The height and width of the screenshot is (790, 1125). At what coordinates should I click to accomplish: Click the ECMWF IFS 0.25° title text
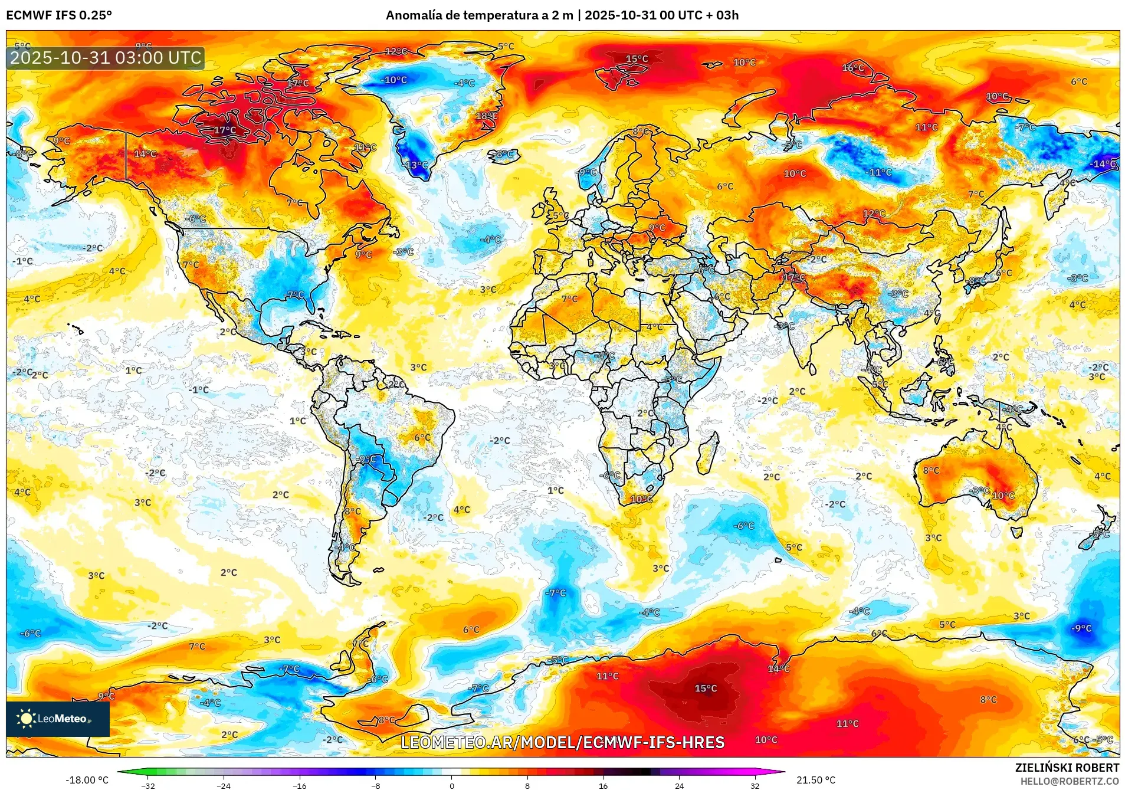59,15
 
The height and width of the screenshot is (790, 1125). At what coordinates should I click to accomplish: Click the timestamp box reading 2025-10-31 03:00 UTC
106,58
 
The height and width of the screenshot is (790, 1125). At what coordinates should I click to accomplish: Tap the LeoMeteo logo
57,718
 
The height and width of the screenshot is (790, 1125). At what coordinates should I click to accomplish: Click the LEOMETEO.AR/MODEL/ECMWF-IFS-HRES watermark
562,742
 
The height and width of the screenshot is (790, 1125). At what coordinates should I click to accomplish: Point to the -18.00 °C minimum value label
87,780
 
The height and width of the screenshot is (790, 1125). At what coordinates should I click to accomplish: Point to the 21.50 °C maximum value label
815,780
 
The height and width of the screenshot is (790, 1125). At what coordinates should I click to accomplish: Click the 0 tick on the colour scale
452,785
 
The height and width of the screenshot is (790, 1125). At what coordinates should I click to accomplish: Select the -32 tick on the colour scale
148,785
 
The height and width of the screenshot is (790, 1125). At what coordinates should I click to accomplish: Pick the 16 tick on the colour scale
603,785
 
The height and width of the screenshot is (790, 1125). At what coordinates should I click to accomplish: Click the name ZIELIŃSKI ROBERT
1067,768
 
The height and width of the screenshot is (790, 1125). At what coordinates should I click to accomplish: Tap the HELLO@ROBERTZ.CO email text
1069,781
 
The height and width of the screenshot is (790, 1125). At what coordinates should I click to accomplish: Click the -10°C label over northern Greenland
393,80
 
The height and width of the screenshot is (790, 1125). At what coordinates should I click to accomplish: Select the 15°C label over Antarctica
706,688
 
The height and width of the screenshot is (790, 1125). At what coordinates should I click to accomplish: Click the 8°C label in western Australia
931,470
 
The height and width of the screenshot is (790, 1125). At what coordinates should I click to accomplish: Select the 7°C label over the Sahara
569,299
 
